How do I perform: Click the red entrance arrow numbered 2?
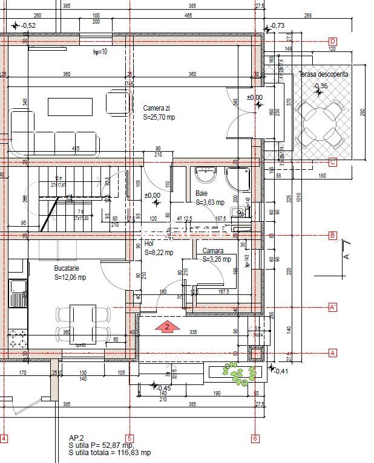pos(168,327)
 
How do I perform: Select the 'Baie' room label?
pos(201,194)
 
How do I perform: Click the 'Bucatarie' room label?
pos(67,268)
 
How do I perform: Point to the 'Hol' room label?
pos(149,244)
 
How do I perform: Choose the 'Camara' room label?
pos(212,251)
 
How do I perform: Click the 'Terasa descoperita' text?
pos(323,74)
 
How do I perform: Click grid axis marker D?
pos(332,41)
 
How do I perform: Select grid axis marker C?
pos(332,162)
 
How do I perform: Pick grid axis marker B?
pos(332,236)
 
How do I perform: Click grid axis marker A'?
pos(332,307)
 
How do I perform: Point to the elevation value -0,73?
pos(278,26)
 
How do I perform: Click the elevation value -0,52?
pos(28,25)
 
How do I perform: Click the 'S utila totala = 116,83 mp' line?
pos(110,453)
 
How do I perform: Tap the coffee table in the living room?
pos(70,106)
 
